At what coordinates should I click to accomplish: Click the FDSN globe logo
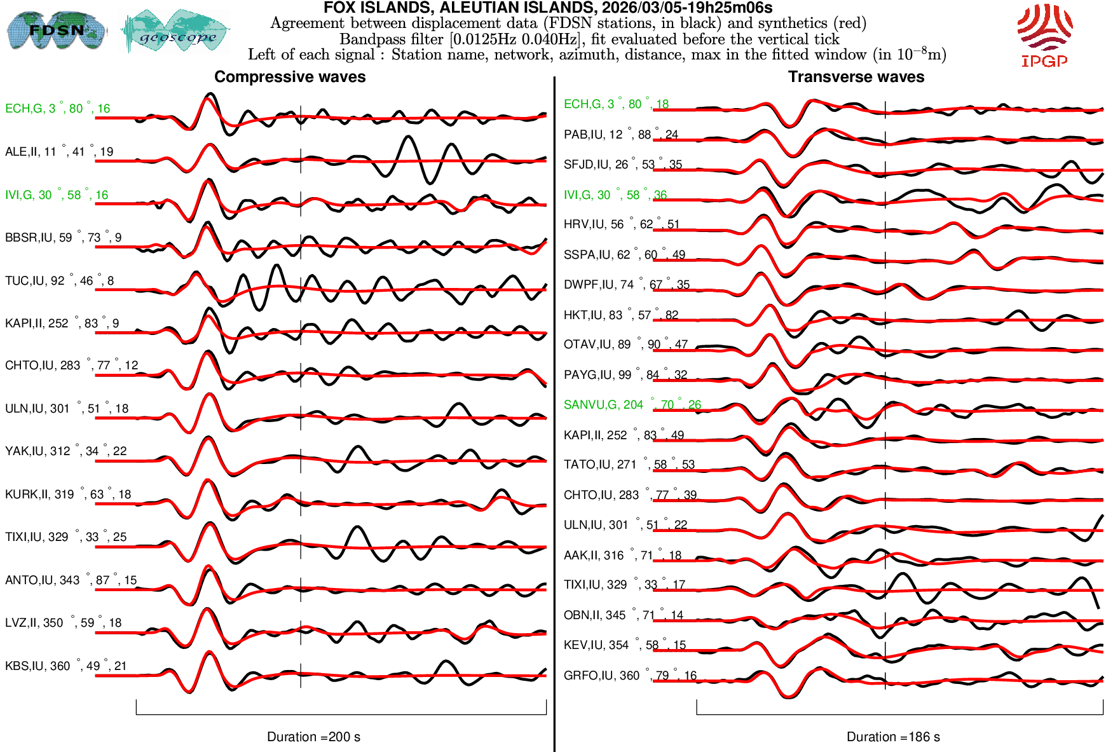[56, 30]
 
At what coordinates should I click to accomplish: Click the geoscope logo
[175, 31]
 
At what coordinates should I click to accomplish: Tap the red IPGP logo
[1044, 36]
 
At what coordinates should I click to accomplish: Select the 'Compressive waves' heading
[290, 77]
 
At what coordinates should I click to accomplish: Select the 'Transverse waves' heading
[856, 77]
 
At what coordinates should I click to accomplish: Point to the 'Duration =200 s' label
[313, 737]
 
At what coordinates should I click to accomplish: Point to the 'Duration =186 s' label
[893, 737]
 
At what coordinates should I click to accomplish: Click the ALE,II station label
[59, 152]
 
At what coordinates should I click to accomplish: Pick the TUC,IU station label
[59, 281]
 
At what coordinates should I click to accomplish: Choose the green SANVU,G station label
[632, 405]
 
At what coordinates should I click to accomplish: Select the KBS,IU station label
[65, 666]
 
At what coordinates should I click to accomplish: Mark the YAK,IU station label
[65, 451]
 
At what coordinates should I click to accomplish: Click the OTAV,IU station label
[625, 345]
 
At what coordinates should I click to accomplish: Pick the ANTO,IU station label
[71, 580]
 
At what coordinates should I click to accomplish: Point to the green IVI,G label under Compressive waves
[57, 195]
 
